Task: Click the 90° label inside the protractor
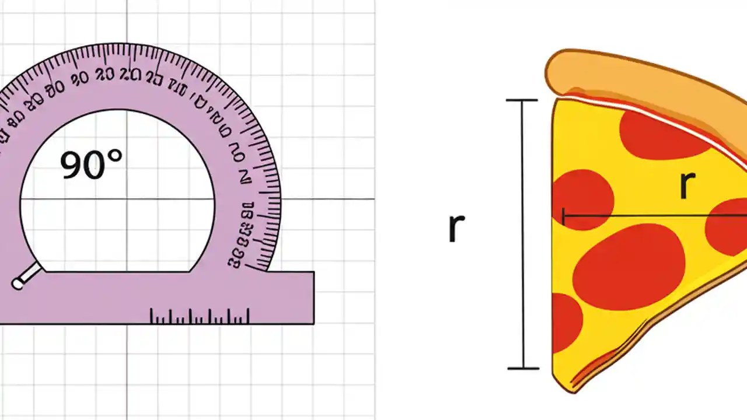(92, 164)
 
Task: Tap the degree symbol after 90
(116, 156)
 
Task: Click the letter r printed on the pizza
(687, 185)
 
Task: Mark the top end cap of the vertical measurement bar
(521, 100)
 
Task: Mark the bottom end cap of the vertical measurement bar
(522, 368)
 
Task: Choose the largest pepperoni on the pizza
(629, 267)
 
